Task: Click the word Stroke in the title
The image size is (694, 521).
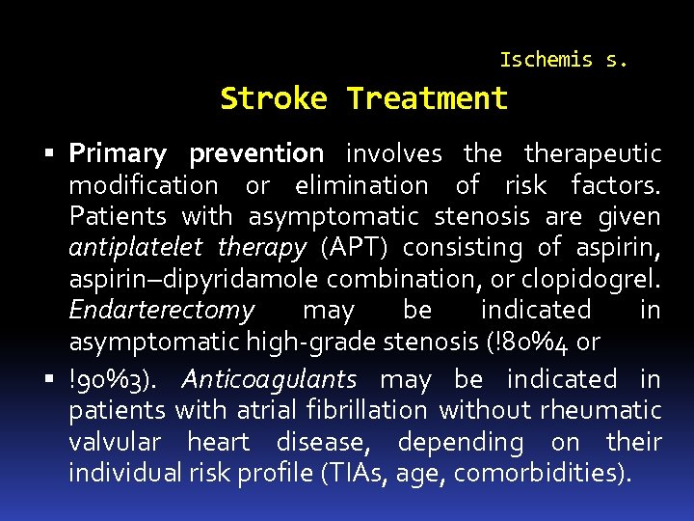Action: pos(274,98)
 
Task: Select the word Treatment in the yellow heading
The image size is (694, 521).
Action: pos(426,98)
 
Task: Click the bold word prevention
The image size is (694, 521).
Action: pos(256,153)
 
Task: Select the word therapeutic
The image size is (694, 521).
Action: pos(592,153)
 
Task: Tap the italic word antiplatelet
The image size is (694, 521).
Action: pos(135,247)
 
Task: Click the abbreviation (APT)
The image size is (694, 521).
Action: pos(347,247)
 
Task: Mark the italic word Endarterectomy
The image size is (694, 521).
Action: pos(162,310)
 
